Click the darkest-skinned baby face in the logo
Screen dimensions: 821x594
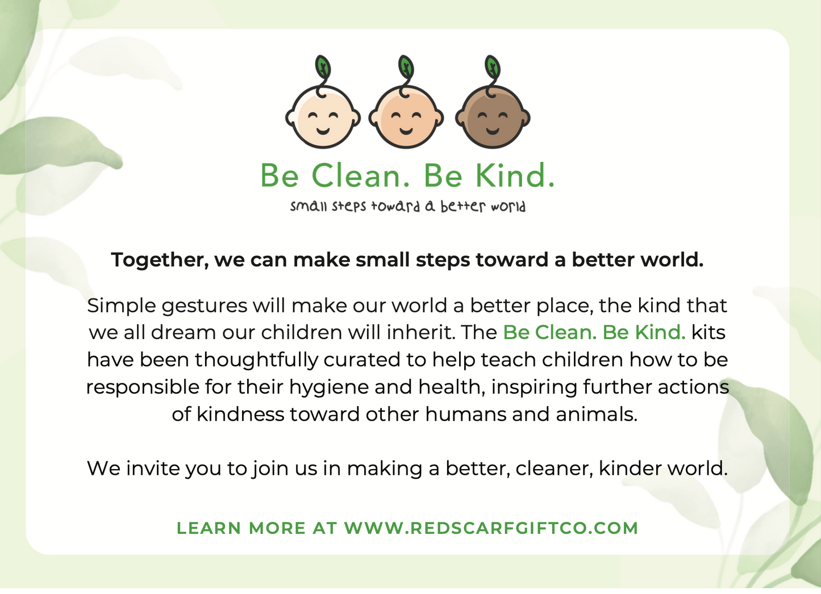(x=493, y=117)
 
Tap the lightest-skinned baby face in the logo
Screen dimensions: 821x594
(x=323, y=117)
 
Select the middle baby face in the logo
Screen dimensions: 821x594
(x=406, y=117)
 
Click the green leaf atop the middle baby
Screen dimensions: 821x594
(x=406, y=67)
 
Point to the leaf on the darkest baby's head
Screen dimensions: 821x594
(x=493, y=67)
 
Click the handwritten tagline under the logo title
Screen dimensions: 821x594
(x=408, y=206)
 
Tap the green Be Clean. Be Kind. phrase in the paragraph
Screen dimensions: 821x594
(x=594, y=333)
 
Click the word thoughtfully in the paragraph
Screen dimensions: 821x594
(x=256, y=361)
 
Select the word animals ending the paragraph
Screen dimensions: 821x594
(x=597, y=415)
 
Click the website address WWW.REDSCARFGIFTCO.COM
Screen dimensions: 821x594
(x=491, y=528)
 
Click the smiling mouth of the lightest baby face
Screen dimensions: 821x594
(x=323, y=131)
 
